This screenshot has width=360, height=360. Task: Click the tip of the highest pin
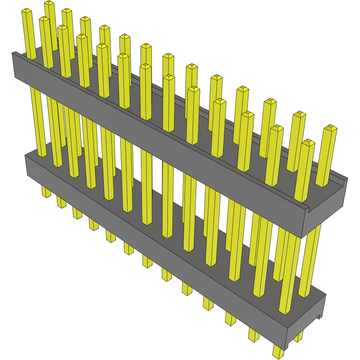click(49, 4)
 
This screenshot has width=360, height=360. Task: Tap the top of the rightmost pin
click(331, 128)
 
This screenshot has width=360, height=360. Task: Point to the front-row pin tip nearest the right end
click(307, 143)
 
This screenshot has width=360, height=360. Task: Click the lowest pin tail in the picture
click(278, 352)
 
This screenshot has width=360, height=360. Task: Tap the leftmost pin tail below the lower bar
click(46, 192)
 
